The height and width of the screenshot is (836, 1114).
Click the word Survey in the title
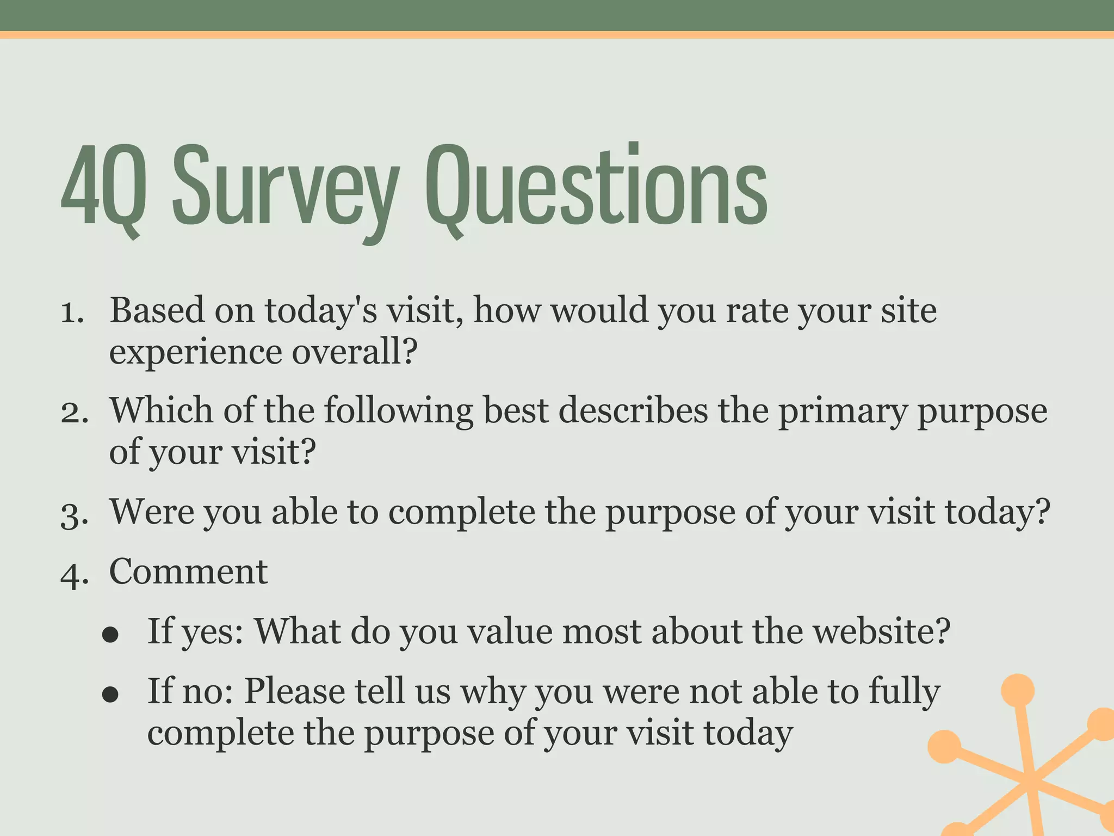point(286,188)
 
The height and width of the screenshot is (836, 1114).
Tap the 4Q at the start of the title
point(103,188)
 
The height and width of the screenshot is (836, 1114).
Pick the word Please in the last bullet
point(294,691)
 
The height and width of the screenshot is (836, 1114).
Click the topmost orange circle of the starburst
point(1017,690)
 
